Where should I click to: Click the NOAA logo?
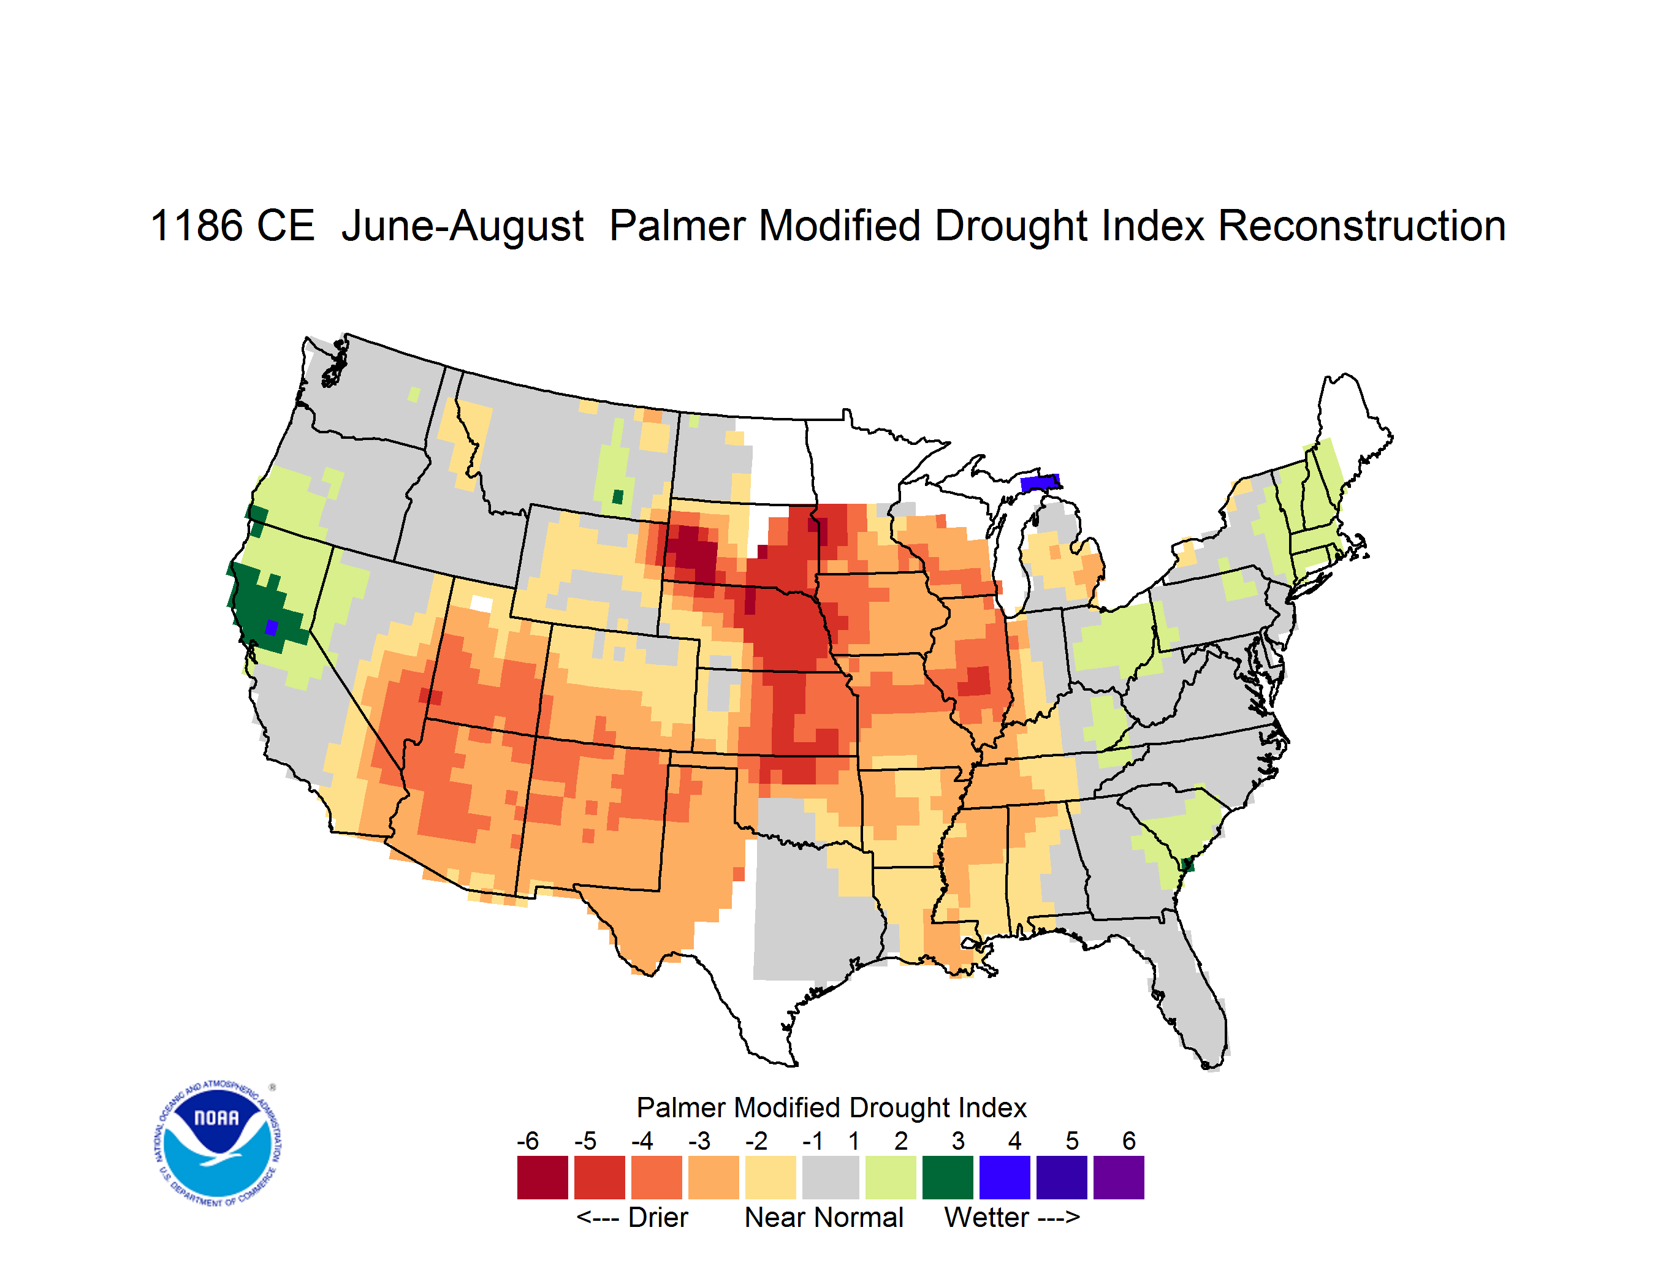coord(218,1144)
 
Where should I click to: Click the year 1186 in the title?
coord(197,226)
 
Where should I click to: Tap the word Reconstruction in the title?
coord(1361,226)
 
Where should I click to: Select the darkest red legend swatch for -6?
coord(542,1177)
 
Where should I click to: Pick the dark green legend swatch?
coord(947,1177)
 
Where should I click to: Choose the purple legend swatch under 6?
coord(1119,1177)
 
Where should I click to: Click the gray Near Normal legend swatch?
coord(831,1177)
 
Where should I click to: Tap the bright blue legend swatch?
coord(1005,1177)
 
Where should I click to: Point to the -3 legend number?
coord(699,1141)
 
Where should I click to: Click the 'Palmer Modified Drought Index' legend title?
coord(831,1107)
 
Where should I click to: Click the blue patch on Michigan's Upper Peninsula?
coord(1040,482)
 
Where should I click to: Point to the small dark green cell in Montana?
coord(618,497)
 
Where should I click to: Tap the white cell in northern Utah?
coord(481,604)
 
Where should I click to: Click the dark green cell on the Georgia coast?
coord(1187,865)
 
